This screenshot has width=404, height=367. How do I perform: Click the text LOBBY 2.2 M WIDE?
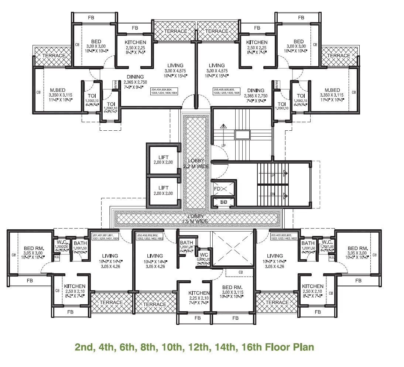(196, 164)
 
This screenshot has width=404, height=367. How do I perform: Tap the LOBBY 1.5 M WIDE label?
(196, 219)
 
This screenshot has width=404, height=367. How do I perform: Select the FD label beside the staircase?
(217, 189)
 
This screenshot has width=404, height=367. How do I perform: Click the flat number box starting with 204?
(164, 91)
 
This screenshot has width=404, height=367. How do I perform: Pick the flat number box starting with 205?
(227, 91)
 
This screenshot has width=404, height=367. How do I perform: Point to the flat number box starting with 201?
(105, 237)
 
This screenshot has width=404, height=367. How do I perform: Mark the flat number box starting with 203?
(284, 237)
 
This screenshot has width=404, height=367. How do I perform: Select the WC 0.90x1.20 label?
(203, 257)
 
